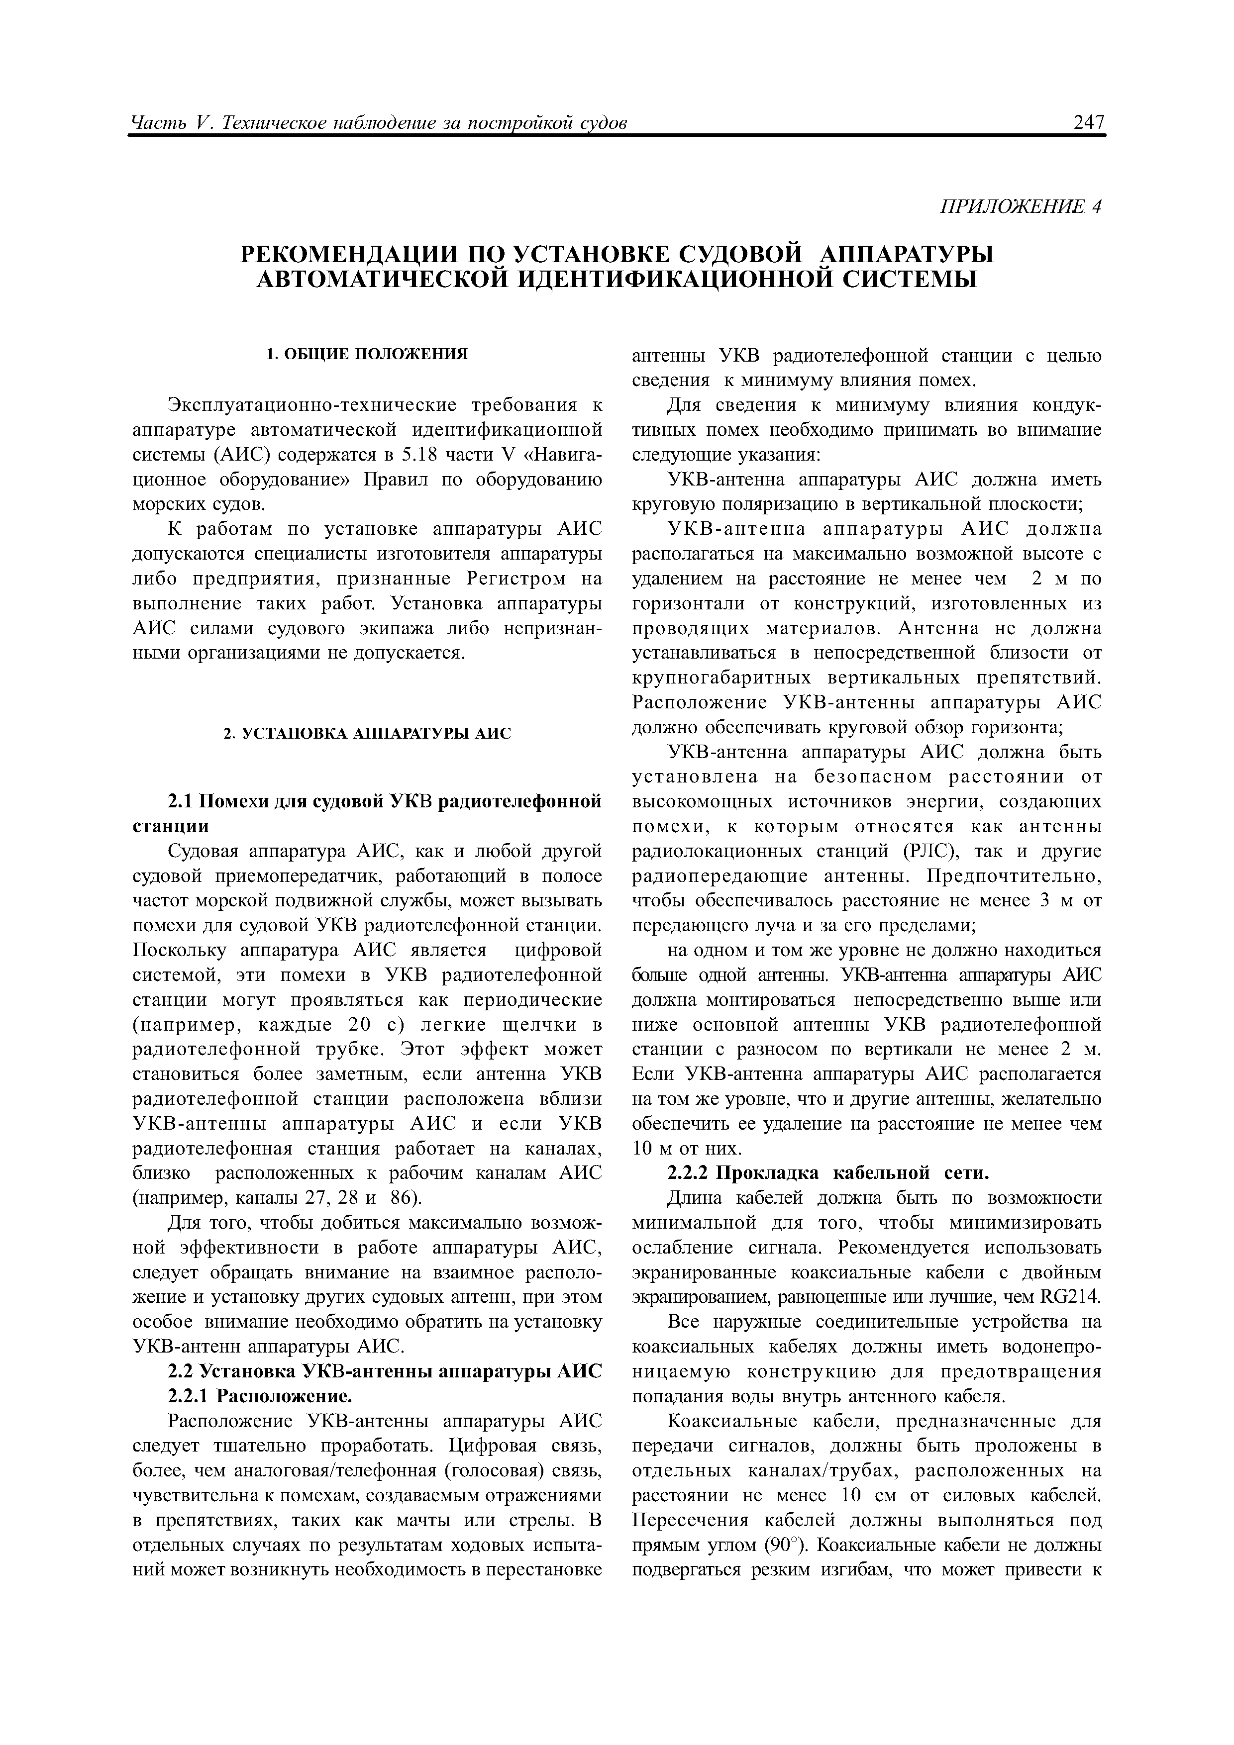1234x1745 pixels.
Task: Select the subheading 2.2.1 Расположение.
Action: click(259, 1397)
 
